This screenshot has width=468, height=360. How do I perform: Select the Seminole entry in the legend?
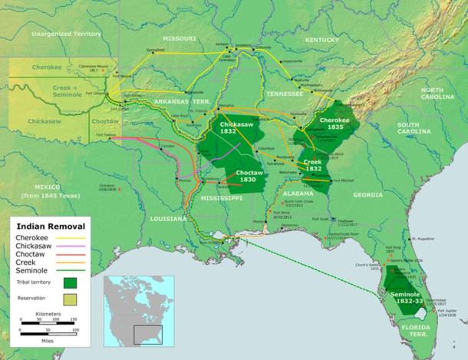pyautogui.click(x=32, y=271)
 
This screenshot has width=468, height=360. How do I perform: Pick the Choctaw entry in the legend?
pyautogui.click(x=31, y=254)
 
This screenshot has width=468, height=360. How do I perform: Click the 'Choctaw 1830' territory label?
pyautogui.click(x=250, y=177)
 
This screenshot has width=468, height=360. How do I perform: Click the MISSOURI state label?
pyautogui.click(x=179, y=38)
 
